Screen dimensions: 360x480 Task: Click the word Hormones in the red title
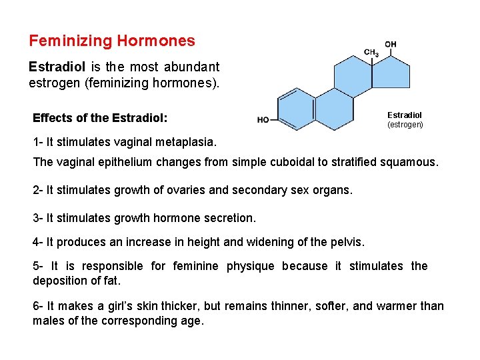[x=156, y=41]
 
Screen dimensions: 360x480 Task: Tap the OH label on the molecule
[x=391, y=45]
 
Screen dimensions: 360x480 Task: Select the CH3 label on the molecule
[x=371, y=53]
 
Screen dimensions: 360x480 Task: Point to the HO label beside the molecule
[x=263, y=120]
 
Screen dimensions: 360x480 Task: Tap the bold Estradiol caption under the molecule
[x=405, y=115]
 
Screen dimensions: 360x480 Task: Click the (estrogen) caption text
[x=405, y=125]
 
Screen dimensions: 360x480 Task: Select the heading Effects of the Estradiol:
[x=100, y=118]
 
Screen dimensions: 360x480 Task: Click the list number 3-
[x=38, y=218]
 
